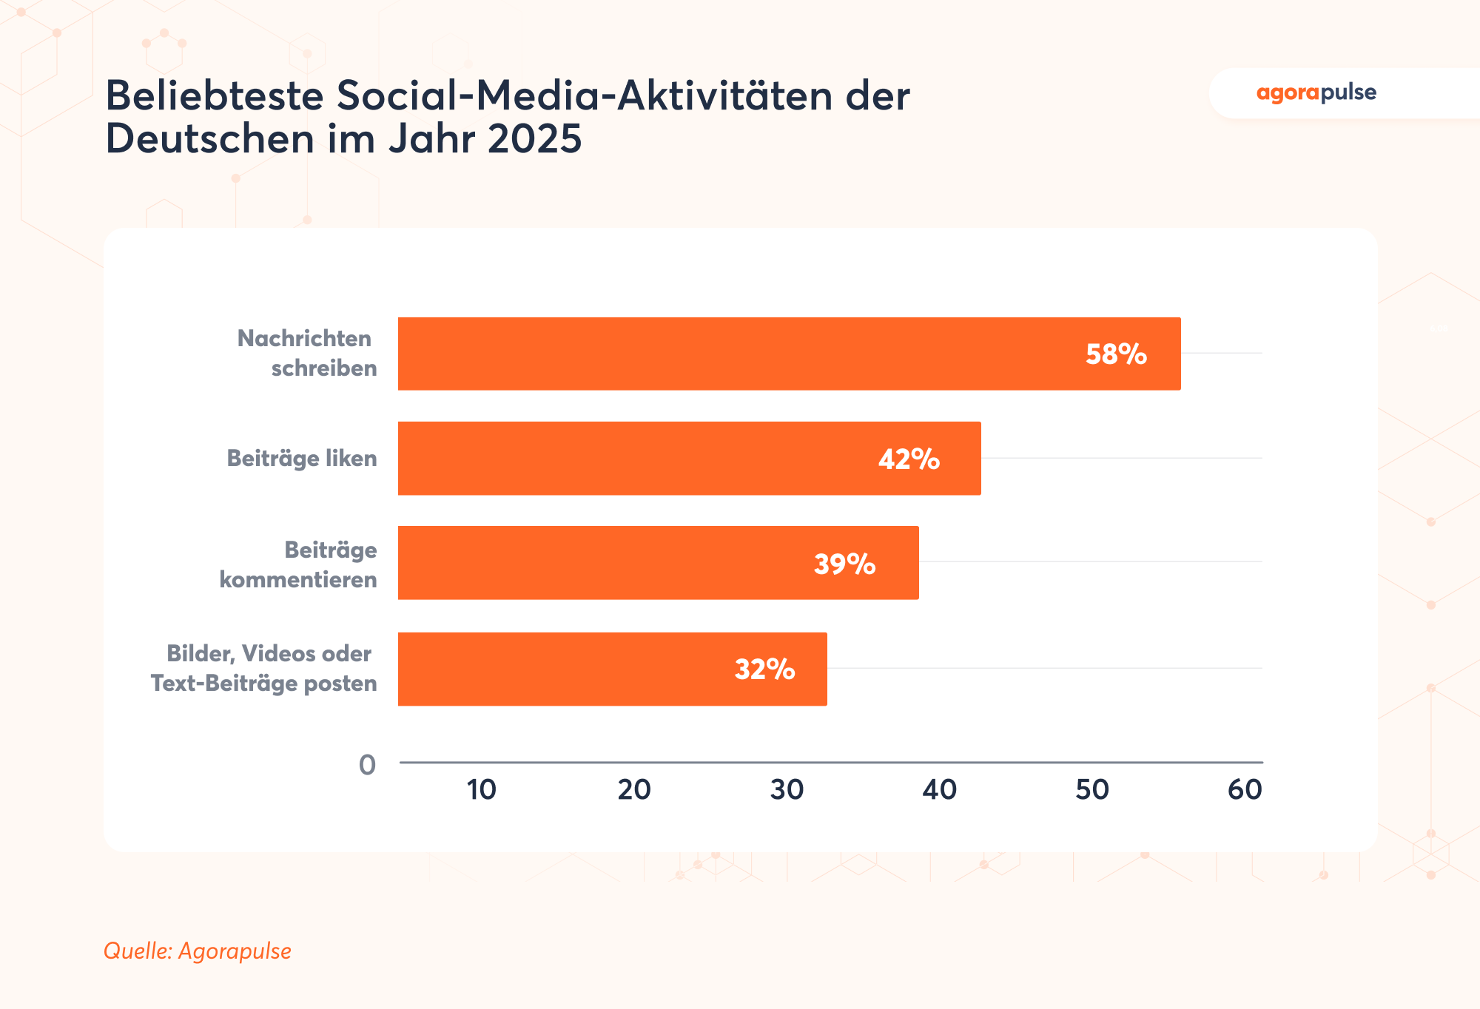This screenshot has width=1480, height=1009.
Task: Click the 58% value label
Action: coord(1116,354)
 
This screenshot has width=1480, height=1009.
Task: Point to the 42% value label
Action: coord(909,459)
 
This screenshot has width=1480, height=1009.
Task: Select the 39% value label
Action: coord(844,564)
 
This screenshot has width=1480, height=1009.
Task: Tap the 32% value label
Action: coord(764,669)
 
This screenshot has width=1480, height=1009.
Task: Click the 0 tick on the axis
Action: coord(367,765)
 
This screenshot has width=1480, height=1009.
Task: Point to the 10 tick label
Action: coord(481,790)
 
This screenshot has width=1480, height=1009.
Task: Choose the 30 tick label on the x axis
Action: coord(787,790)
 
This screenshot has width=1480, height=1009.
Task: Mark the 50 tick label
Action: coord(1092,790)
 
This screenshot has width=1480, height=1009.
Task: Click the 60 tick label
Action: coord(1245,790)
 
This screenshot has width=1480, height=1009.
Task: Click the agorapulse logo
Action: coord(1316,93)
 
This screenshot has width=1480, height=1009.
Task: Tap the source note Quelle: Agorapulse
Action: coord(198,951)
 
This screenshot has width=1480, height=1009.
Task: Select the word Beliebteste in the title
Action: coord(215,96)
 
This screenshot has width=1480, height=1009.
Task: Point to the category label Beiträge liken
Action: coord(302,459)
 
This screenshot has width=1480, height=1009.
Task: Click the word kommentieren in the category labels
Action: coord(298,579)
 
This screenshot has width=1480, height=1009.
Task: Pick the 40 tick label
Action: coord(939,790)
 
